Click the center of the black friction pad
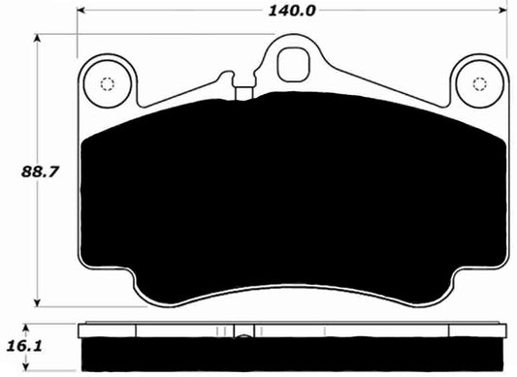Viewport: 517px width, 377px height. (x=291, y=194)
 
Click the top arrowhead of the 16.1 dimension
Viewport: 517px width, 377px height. (x=37, y=324)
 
